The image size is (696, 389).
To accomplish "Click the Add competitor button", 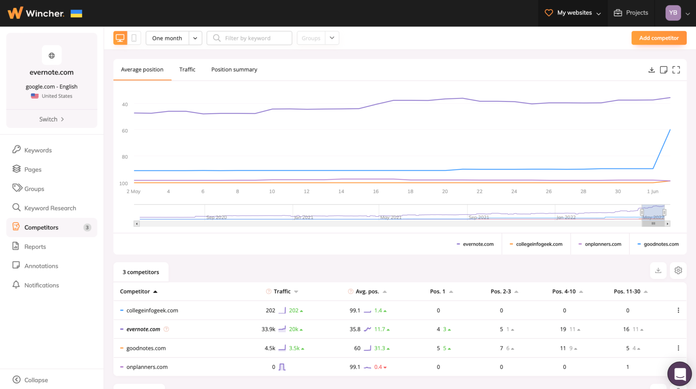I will click(x=659, y=38).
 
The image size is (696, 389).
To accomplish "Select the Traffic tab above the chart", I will click(x=187, y=70).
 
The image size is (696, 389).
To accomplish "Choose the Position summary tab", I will click(x=234, y=70).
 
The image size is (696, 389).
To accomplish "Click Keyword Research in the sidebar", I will click(x=50, y=208).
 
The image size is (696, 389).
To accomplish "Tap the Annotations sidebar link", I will click(x=41, y=266).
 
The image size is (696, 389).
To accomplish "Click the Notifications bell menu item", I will click(x=41, y=285).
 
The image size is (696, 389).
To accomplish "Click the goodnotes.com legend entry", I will click(x=658, y=244).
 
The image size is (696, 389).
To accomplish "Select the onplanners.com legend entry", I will click(x=600, y=244).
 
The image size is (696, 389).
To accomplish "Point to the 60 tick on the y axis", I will click(x=125, y=131).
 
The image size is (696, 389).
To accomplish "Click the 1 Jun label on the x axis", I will click(x=652, y=192).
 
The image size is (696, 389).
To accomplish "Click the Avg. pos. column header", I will click(x=367, y=291).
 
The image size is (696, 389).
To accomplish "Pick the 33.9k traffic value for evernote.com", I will click(x=268, y=330).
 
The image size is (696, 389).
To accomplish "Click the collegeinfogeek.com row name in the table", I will click(x=152, y=310).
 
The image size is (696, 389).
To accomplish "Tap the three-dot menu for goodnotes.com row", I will click(x=678, y=348).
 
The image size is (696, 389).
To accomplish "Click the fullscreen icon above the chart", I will click(x=676, y=70).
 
